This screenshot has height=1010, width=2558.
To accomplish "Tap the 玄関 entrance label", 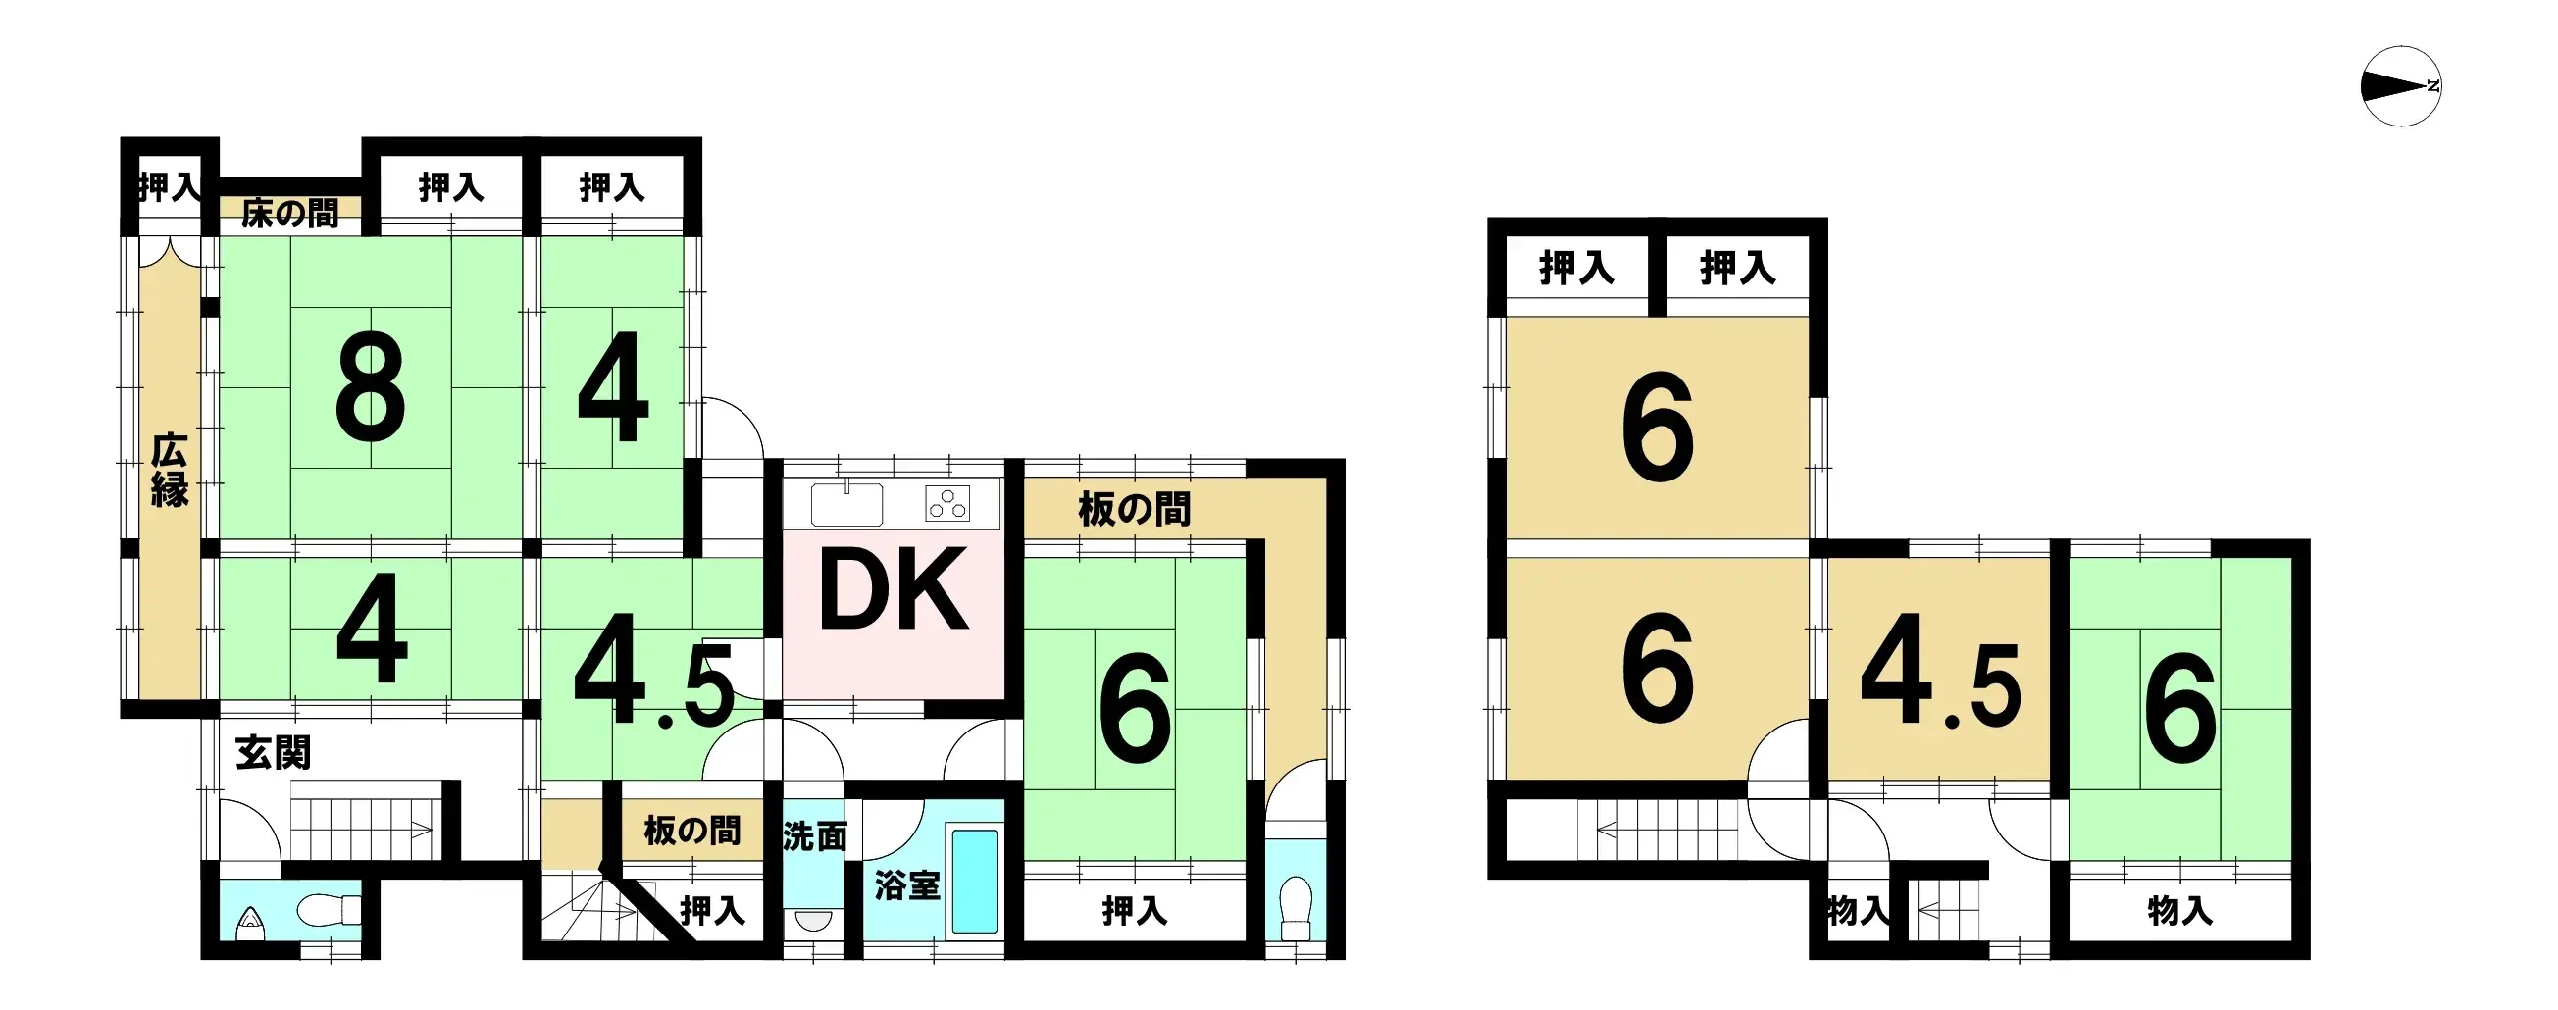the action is pos(273,753).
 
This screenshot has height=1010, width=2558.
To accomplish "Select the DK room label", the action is pos(892,590).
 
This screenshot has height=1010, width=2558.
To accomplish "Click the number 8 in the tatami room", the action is pos(371,386).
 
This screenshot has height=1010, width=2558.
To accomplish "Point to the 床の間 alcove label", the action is pos(289,214).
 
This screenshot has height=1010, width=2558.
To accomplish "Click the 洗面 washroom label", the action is pos(814,836).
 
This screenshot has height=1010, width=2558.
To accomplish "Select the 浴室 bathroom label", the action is pos(905,884).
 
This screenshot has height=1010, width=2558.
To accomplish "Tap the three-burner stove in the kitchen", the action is pos(947,504).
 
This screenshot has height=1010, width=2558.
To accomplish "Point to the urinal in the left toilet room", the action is pos(249,925).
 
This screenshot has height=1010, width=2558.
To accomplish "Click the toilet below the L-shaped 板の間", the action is pos(1296,908).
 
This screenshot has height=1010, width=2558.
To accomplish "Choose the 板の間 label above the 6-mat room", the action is pos(1134,510).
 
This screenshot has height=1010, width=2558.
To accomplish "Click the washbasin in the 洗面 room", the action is pos(813,920).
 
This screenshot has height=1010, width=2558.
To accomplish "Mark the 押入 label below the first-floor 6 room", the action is pos(1134,910).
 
